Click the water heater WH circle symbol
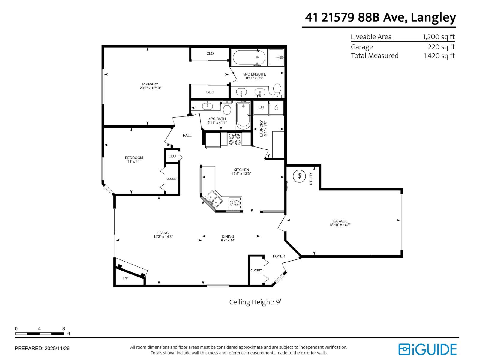pos(299,176)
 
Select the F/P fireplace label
pos(125,278)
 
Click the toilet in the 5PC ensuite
pos(277,90)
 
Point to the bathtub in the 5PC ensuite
pos(249,58)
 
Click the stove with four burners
pos(235,139)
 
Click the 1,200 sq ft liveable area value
pos(439,37)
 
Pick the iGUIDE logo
pos(427,349)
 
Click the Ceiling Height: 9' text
pos(255,302)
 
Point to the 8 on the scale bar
pos(64,329)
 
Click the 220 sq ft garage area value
pos(441,47)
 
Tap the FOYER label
pos(279,256)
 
